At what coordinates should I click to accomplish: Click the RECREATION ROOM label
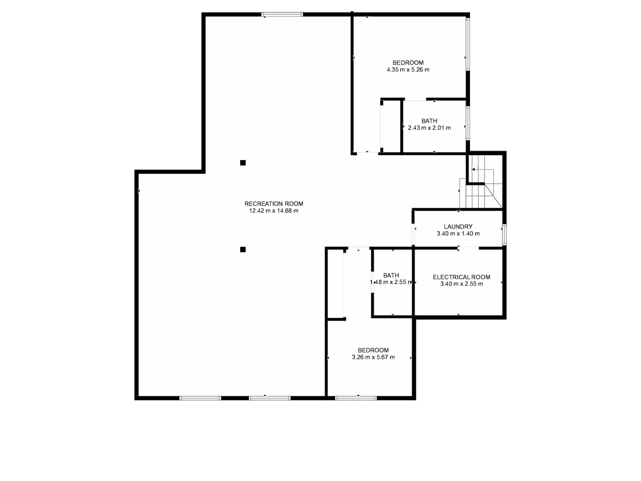[274, 204]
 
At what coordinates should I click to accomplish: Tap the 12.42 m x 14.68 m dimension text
[274, 211]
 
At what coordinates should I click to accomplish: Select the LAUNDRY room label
[458, 227]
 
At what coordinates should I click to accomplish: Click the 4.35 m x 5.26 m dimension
[408, 70]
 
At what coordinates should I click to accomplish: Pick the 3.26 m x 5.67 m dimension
[373, 357]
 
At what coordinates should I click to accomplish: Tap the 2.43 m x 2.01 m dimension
[429, 128]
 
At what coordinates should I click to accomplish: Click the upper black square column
[243, 163]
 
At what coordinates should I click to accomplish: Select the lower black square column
[243, 250]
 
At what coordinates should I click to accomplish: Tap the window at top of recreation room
[282, 15]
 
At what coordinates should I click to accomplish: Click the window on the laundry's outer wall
[505, 234]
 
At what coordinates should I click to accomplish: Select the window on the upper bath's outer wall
[468, 124]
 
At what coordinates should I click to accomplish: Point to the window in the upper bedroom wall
[468, 44]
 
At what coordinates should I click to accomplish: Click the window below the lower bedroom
[356, 398]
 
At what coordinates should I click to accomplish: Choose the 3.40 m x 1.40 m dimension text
[458, 234]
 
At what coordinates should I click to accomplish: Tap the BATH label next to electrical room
[391, 275]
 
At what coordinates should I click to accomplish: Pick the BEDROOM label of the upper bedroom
[408, 63]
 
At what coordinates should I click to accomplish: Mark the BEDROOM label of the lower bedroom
[373, 350]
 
